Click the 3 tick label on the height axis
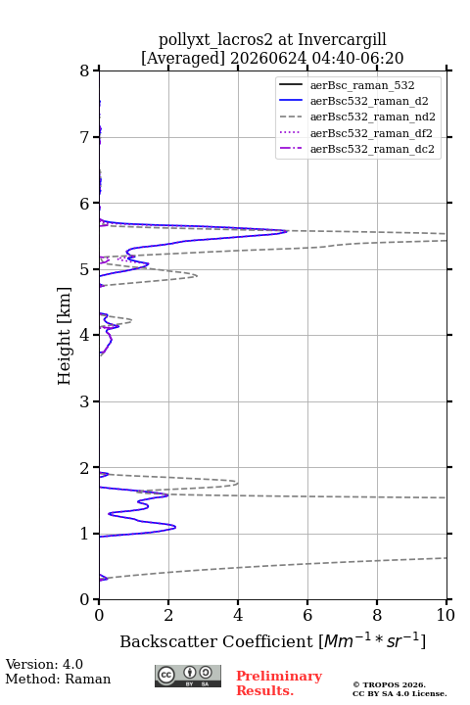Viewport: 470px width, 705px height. (x=84, y=401)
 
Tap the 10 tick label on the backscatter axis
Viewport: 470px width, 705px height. (x=446, y=615)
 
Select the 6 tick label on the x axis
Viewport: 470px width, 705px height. (x=307, y=615)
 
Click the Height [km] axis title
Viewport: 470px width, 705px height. (x=65, y=336)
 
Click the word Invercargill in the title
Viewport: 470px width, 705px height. (x=343, y=40)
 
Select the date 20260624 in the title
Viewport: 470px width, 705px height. (x=268, y=58)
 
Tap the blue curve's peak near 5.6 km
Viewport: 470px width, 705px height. (x=287, y=231)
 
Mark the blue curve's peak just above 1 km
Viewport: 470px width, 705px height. (x=175, y=527)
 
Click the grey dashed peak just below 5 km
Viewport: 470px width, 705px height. (x=197, y=275)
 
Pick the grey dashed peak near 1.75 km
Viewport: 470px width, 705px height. (x=238, y=484)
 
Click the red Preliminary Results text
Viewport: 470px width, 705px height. (x=279, y=682)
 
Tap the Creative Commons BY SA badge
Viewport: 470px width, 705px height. (x=188, y=676)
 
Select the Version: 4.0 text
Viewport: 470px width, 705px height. (x=44, y=664)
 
